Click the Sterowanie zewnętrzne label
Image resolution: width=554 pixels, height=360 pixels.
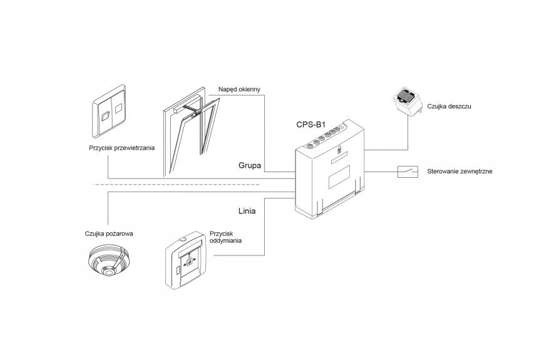pos(459,170)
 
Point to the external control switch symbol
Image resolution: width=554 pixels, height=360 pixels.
pos(409,170)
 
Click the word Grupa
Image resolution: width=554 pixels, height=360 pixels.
pos(249,166)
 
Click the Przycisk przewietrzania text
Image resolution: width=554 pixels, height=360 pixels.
pos(121,148)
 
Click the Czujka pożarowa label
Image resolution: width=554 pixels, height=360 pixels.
pos(109,234)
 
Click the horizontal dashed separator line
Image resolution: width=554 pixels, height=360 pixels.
pos(188,185)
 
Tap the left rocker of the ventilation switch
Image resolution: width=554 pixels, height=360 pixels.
pos(106,113)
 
